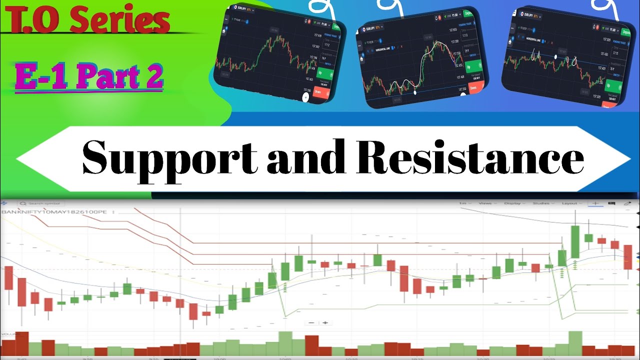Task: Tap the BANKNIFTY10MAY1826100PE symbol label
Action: (55, 212)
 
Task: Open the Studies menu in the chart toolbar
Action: (542, 203)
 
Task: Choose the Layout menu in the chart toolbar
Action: (571, 203)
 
